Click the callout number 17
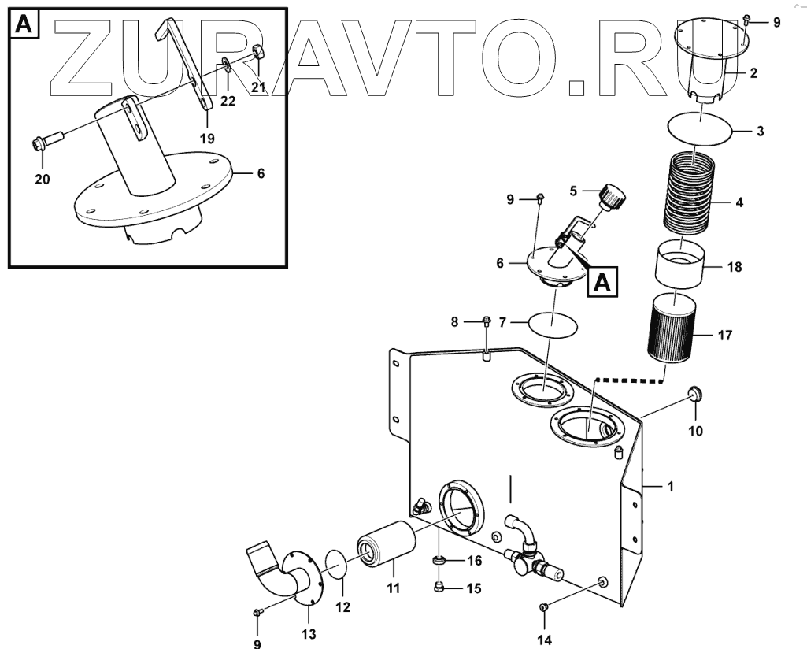[724, 336]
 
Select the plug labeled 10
[695, 395]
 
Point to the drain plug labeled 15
[440, 587]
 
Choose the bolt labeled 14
[543, 607]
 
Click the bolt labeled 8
[487, 321]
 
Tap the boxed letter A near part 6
[602, 281]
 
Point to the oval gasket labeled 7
[553, 322]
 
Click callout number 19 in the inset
[206, 138]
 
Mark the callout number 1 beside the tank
[670, 488]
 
